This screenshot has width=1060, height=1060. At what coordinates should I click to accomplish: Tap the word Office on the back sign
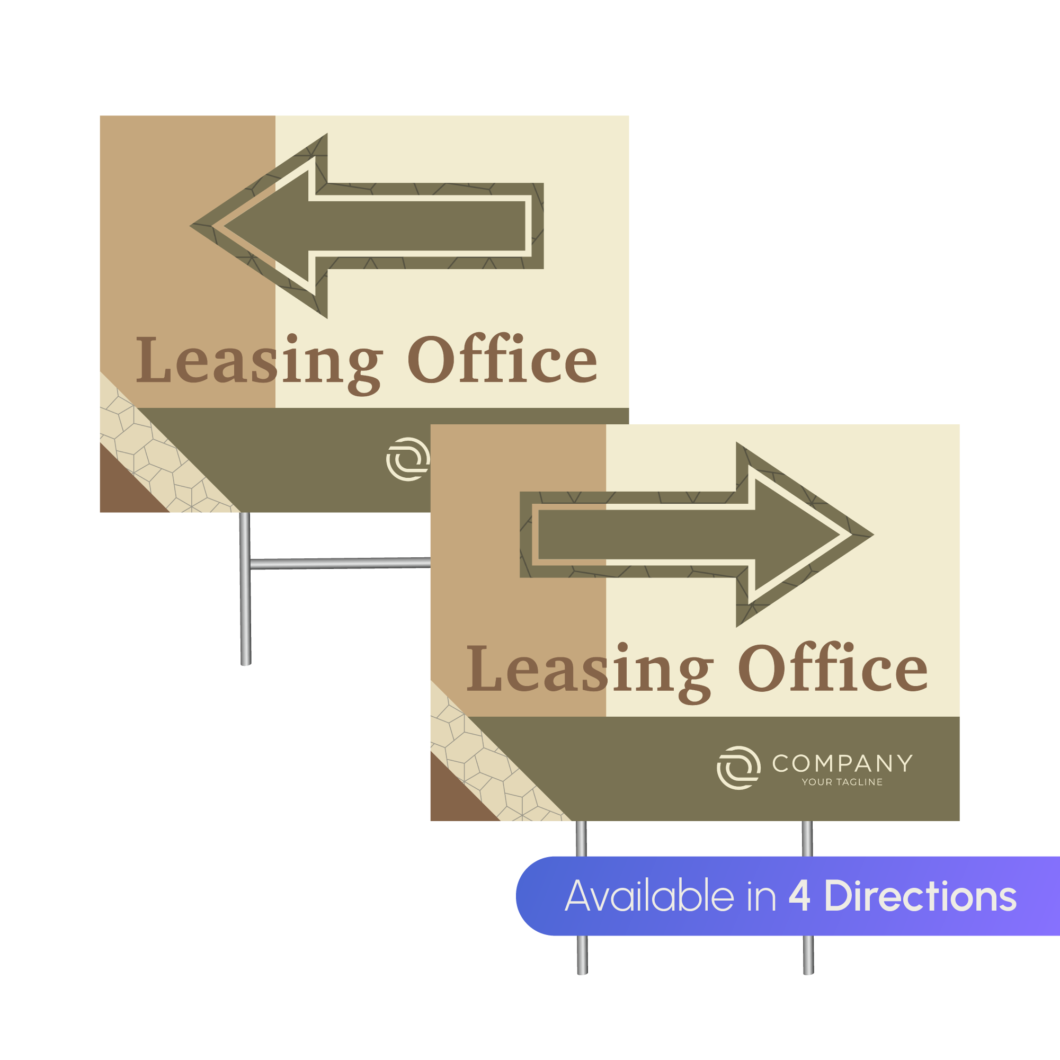click(502, 359)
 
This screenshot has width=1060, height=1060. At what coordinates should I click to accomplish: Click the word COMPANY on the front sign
click(842, 763)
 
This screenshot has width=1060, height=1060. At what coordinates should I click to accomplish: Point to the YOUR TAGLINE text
click(842, 782)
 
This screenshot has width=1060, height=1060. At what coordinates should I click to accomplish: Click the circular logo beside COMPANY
click(738, 768)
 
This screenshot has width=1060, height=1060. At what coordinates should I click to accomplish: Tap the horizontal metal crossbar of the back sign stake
click(340, 563)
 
